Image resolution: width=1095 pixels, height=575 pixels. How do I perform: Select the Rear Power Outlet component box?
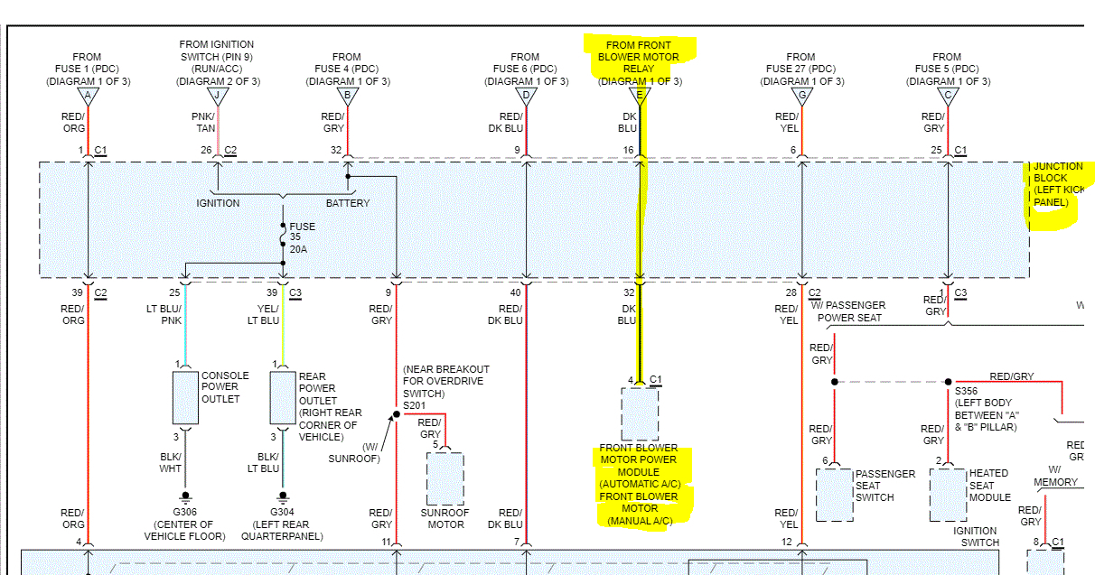(283, 396)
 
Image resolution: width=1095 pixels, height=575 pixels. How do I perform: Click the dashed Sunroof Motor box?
(445, 478)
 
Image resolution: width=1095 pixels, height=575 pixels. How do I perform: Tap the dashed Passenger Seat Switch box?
(834, 494)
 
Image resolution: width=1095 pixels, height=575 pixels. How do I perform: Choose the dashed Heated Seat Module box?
(948, 494)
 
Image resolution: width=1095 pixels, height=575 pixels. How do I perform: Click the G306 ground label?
(184, 513)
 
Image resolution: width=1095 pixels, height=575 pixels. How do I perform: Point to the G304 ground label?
(283, 513)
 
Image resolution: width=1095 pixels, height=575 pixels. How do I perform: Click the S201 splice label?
(415, 405)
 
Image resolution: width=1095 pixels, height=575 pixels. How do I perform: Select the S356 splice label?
(968, 392)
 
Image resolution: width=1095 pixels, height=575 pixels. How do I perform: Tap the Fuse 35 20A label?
(303, 237)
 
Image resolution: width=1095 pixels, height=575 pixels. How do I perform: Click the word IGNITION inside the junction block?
(218, 203)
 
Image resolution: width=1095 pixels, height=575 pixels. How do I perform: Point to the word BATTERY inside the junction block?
(348, 203)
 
